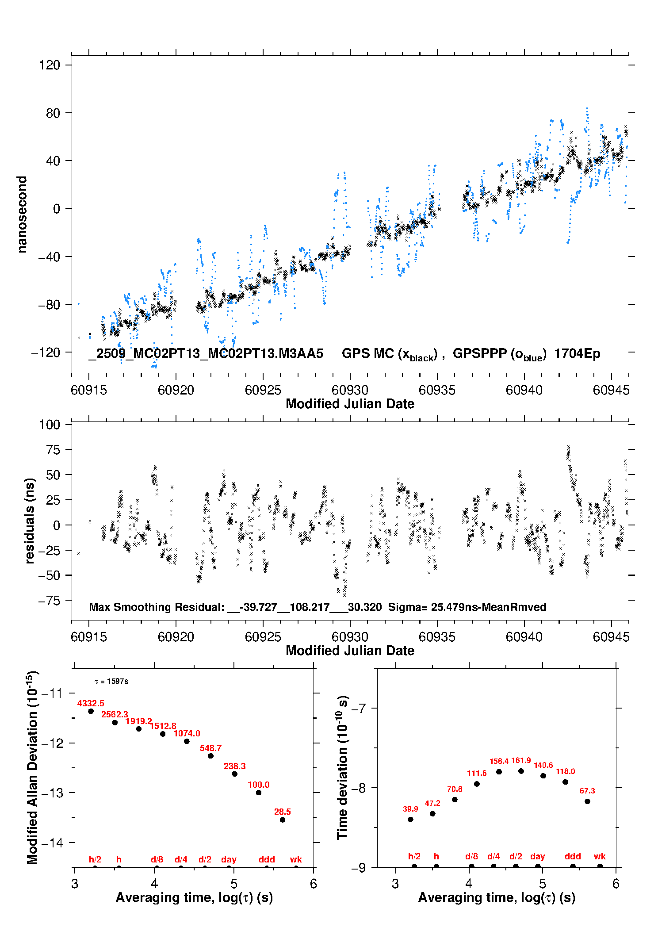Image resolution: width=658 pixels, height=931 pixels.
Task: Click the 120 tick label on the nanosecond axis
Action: click(x=49, y=65)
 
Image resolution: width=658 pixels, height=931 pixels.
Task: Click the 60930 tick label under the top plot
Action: click(x=350, y=390)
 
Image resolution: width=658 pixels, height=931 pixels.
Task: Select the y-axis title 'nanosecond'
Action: click(x=22, y=215)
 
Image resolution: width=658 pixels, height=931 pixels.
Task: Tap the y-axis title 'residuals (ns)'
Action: click(x=30, y=521)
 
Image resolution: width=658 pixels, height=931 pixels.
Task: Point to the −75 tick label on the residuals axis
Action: click(x=49, y=601)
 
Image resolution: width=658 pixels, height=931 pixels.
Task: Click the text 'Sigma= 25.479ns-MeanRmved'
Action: click(x=467, y=607)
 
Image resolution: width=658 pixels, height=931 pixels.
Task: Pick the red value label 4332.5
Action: click(x=91, y=703)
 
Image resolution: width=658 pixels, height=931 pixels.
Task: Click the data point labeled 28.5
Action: click(x=283, y=820)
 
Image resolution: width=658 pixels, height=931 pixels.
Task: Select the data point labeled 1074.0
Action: click(x=187, y=741)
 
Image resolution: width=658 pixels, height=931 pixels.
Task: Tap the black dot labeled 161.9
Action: click(x=521, y=771)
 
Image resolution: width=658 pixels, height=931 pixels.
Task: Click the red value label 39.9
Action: click(x=410, y=808)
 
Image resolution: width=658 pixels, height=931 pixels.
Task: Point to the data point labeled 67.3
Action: click(x=587, y=801)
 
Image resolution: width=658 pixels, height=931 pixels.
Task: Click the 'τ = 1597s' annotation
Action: click(x=111, y=681)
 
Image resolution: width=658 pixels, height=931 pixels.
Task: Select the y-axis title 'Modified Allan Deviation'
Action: click(x=32, y=767)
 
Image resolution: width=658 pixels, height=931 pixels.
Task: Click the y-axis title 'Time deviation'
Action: click(x=342, y=767)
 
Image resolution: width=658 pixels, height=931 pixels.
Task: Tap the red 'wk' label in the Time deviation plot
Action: click(x=600, y=856)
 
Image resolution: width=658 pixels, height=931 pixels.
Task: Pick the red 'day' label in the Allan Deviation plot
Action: click(x=229, y=859)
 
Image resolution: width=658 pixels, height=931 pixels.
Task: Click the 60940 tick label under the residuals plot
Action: click(x=524, y=637)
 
